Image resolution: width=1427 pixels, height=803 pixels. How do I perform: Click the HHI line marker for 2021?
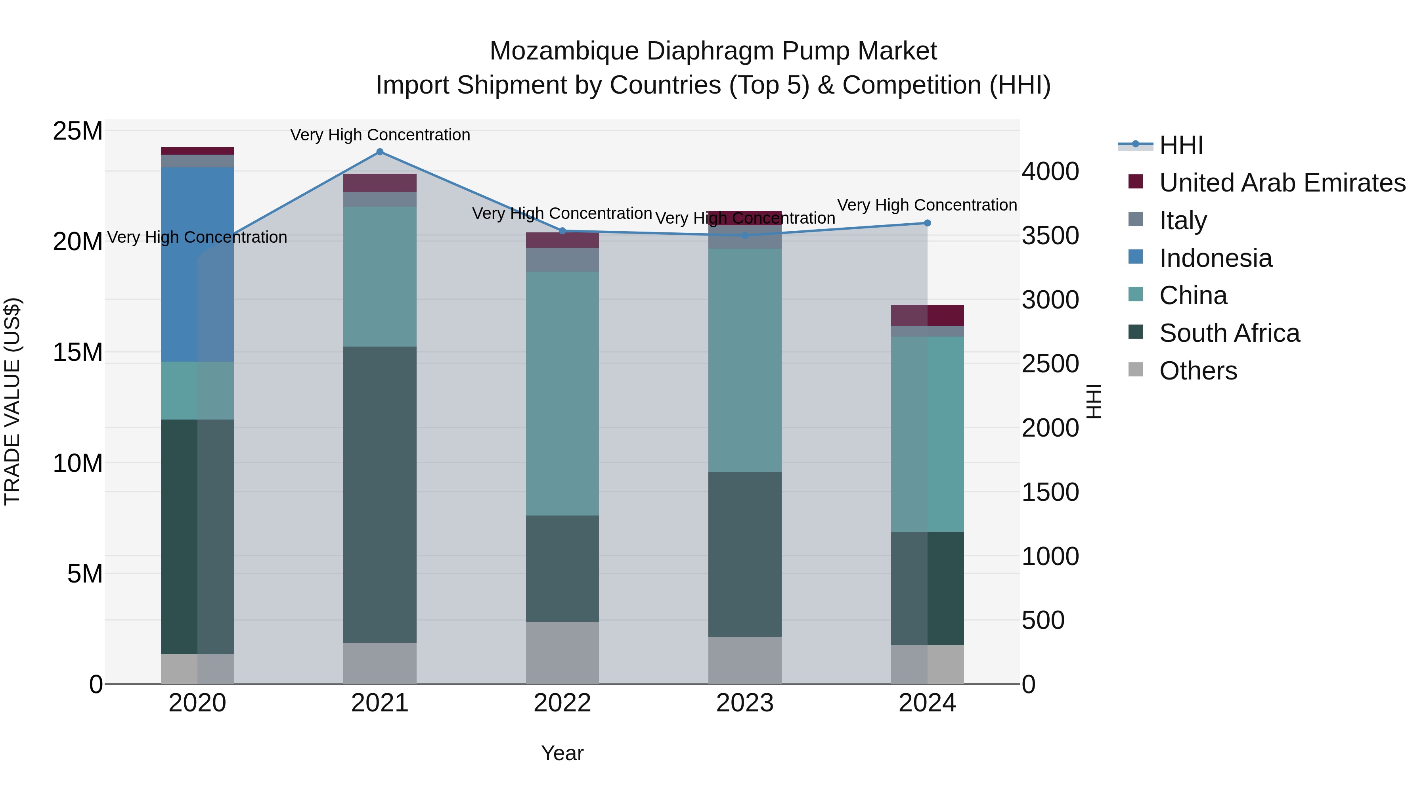379,152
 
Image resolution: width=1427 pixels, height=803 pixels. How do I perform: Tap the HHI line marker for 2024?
927,223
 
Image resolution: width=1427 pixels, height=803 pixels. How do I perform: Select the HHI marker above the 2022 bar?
562,231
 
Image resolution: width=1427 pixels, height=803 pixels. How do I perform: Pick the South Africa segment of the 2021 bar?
379,494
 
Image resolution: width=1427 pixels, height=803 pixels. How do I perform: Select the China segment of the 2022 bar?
562,393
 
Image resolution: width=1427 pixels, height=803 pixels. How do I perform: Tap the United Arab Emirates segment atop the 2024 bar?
927,315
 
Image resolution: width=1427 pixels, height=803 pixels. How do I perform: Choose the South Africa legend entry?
1229,333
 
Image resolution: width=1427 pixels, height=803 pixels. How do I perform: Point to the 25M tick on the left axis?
78,131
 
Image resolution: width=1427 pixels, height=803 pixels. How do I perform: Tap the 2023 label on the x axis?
744,703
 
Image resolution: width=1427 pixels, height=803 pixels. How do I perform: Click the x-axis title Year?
562,753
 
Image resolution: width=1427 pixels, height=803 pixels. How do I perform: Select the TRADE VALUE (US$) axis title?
12,401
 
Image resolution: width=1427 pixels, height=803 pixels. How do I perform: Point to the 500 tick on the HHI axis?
1043,620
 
